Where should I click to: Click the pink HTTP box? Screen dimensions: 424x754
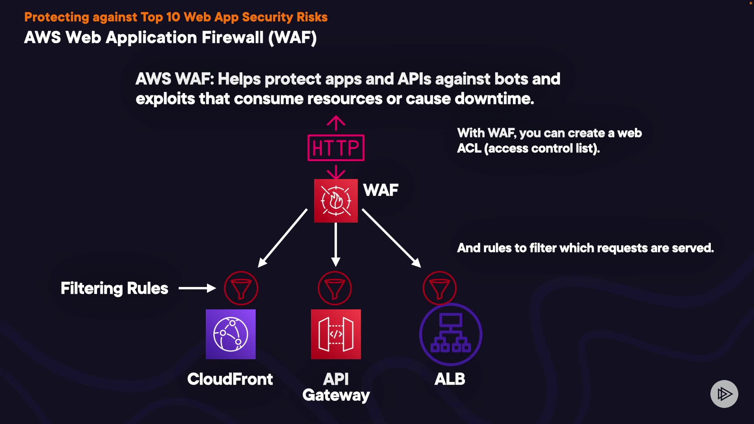pyautogui.click(x=336, y=148)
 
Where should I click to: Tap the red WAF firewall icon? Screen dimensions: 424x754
pyautogui.click(x=336, y=201)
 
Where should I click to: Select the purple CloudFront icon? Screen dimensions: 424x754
pyautogui.click(x=231, y=334)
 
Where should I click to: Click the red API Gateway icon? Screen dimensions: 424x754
pyautogui.click(x=336, y=334)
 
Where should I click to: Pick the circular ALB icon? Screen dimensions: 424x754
pyautogui.click(x=450, y=334)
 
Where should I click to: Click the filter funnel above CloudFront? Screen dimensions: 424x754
pyautogui.click(x=241, y=288)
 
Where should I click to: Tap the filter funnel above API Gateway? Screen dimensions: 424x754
pyautogui.click(x=335, y=288)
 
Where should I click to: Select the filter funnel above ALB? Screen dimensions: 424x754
pyautogui.click(x=439, y=288)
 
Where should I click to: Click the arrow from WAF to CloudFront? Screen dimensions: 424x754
pyautogui.click(x=283, y=238)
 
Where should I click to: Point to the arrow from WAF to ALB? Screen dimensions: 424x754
pyautogui.click(x=391, y=238)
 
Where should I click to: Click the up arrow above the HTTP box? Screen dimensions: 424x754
pyautogui.click(x=336, y=122)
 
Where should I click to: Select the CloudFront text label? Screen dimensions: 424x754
pyautogui.click(x=230, y=379)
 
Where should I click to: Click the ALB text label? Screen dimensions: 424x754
pyautogui.click(x=450, y=379)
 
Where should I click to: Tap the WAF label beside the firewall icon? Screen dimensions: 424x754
pyautogui.click(x=381, y=190)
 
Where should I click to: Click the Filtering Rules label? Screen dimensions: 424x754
pyautogui.click(x=114, y=288)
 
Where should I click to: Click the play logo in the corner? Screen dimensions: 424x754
pyautogui.click(x=724, y=394)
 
